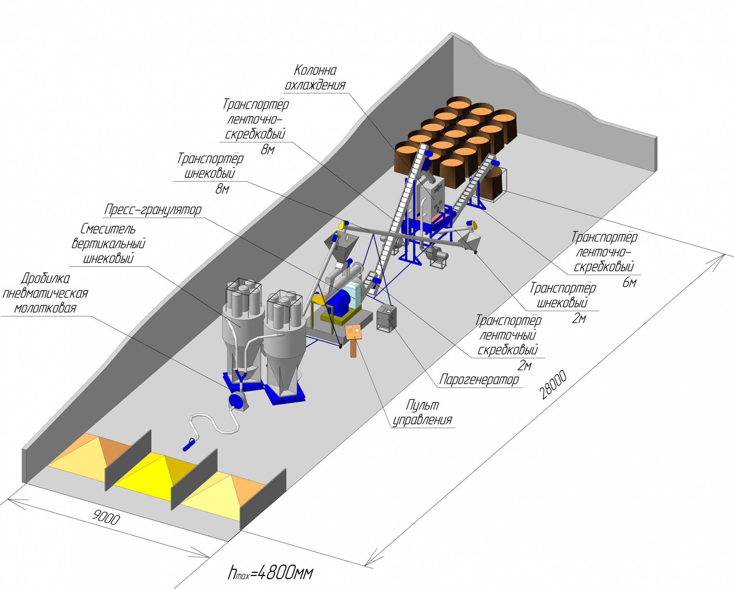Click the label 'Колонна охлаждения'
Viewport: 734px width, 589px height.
pyautogui.click(x=315, y=78)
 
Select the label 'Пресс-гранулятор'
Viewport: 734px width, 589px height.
pyautogui.click(x=153, y=210)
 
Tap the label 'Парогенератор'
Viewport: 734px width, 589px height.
pyautogui.click(x=479, y=380)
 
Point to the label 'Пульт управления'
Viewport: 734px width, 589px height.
pyautogui.click(x=422, y=412)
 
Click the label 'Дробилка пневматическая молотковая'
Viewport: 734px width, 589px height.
pyautogui.click(x=45, y=293)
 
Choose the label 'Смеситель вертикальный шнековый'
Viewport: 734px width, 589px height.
pyautogui.click(x=109, y=244)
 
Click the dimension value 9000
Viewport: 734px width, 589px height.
pyautogui.click(x=106, y=518)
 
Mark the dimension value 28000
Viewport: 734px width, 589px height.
pyautogui.click(x=553, y=385)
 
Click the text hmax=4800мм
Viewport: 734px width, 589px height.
pyautogui.click(x=270, y=572)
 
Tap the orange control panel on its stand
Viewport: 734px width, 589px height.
pyautogui.click(x=354, y=331)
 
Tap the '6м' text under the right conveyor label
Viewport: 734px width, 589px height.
pyautogui.click(x=629, y=283)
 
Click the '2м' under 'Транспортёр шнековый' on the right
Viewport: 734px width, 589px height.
pyautogui.click(x=579, y=318)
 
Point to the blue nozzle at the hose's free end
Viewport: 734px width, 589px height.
pyautogui.click(x=189, y=445)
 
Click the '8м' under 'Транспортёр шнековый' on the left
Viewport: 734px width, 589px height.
pyautogui.click(x=222, y=189)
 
